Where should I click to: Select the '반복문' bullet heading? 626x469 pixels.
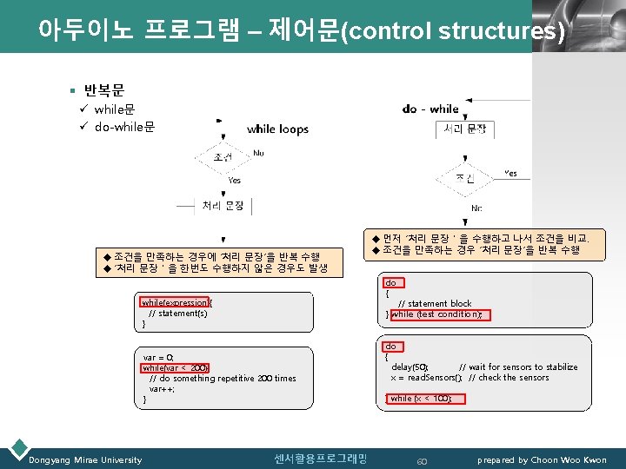104,90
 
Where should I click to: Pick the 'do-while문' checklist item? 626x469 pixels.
124,127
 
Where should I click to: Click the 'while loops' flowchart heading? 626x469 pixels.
277,129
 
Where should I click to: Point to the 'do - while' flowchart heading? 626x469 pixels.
430,109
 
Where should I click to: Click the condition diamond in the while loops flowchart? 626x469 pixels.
223,157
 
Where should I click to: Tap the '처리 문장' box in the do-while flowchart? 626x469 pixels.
464,129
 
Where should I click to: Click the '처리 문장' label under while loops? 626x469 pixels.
223,205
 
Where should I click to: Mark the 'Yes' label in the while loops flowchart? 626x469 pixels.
234,181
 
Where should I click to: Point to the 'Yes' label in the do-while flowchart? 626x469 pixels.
511,174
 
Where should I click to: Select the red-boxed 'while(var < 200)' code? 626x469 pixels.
176,367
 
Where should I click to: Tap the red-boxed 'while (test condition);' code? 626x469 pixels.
442,314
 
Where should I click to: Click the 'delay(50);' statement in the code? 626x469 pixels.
410,367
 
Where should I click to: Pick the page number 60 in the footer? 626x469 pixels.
423,460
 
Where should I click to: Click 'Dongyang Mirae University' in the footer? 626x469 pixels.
85,459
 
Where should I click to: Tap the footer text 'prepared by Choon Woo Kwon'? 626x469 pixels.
542,459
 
